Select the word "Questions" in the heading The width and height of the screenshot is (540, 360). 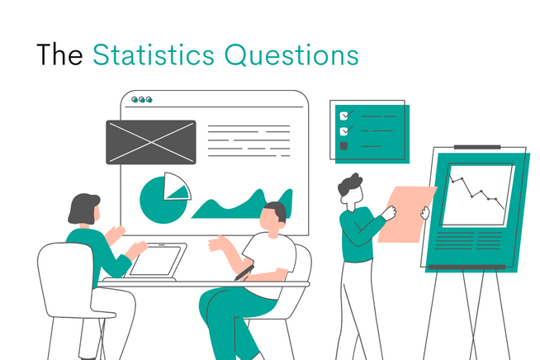294,54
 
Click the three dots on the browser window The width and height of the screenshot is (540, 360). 143,100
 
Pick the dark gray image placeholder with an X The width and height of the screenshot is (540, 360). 150,141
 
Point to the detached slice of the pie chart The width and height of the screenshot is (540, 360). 176,187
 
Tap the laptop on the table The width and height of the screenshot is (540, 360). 158,261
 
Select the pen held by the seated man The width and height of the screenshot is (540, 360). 244,272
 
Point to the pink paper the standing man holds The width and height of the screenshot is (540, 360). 405,213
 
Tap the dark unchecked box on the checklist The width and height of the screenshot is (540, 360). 344,146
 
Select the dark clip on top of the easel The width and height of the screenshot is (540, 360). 476,147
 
